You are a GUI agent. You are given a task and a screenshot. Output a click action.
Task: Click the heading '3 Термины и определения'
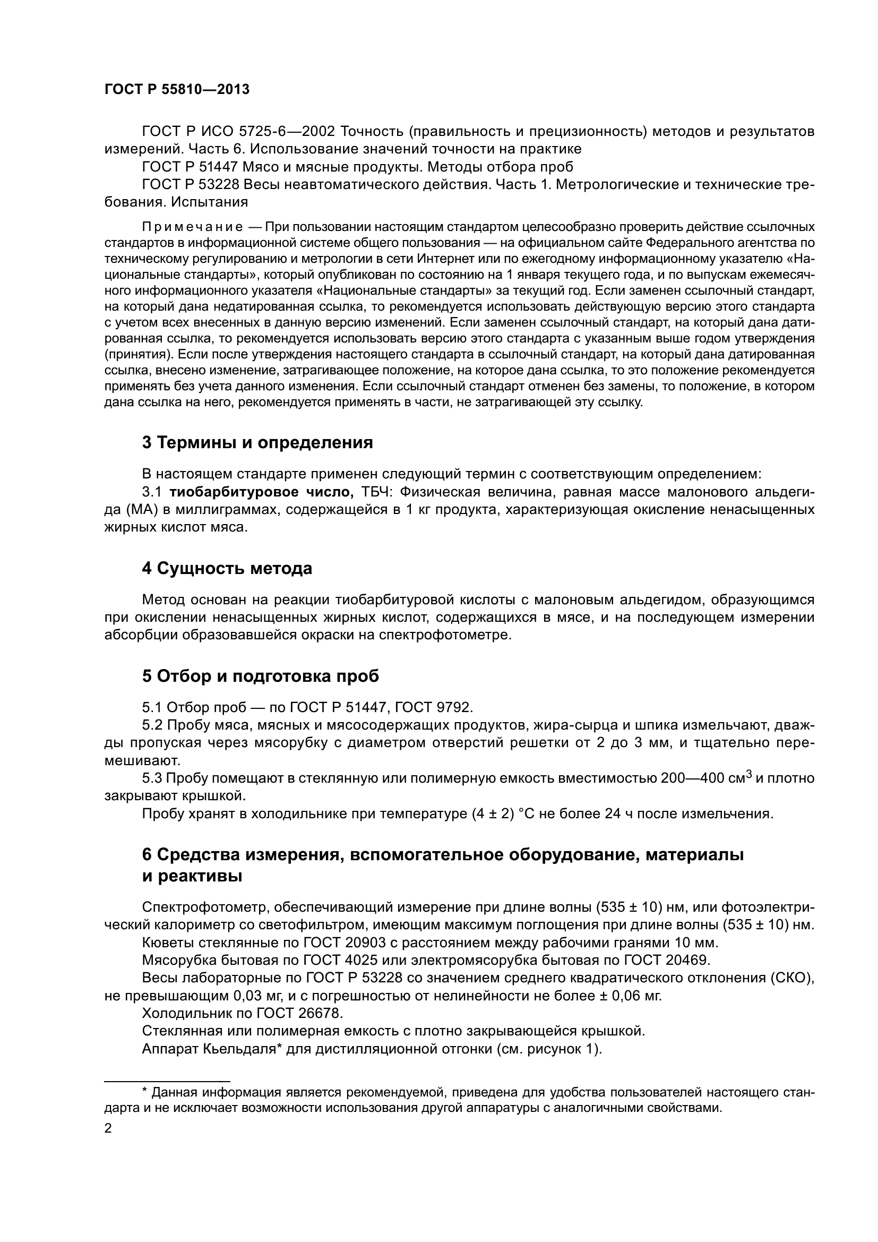[x=257, y=442]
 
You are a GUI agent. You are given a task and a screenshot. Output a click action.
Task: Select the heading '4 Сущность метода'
[x=227, y=569]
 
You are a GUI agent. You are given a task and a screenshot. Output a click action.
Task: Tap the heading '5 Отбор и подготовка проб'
[x=261, y=676]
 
